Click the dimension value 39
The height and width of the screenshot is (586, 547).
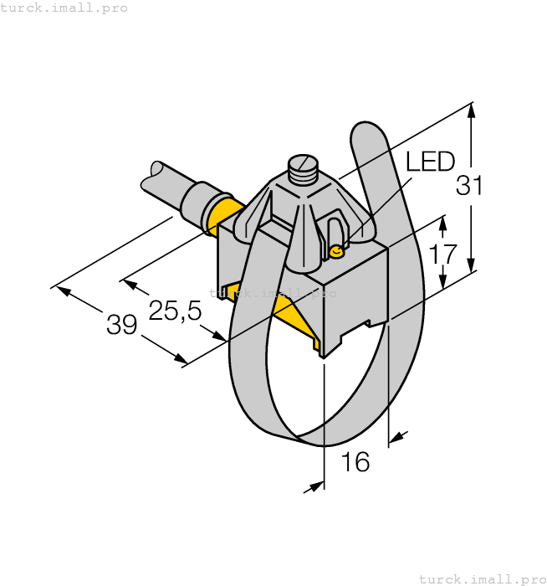coord(121,324)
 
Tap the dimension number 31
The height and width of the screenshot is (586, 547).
coord(469,186)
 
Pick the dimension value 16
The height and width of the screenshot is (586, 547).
coord(355,461)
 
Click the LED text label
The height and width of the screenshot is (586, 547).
coord(430,162)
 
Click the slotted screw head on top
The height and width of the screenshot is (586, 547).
coord(302,164)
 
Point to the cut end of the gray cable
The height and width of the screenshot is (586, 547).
coord(151,177)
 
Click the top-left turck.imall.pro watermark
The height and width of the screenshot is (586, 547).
coord(64,8)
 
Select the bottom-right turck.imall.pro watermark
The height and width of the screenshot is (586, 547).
coord(482,578)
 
